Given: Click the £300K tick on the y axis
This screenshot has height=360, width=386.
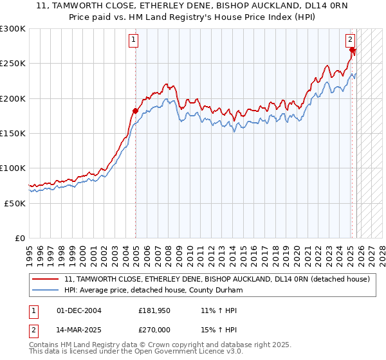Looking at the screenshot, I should pos(13,29).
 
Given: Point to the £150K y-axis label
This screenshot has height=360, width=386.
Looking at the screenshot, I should pos(13,133).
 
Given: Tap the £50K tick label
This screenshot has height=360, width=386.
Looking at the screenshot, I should pos(15,203).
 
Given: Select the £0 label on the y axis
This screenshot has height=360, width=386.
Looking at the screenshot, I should pos(20,238).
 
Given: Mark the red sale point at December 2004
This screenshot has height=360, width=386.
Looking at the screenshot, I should pos(135,111).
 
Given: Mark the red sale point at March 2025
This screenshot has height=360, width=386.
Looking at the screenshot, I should pos(353,50).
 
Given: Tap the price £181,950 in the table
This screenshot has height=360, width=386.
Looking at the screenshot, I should pos(153,310).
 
